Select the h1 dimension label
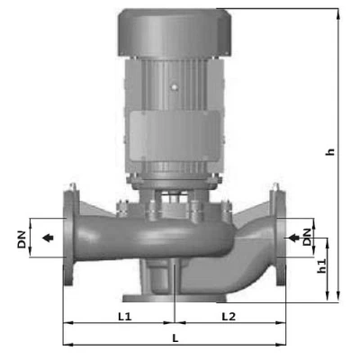(x=322, y=266)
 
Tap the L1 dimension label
(x=125, y=318)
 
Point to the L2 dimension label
(x=227, y=318)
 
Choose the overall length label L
(x=175, y=336)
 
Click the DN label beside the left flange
(x=21, y=239)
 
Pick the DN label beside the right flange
(x=308, y=238)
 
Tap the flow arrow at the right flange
(x=292, y=238)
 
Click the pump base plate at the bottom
(x=171, y=297)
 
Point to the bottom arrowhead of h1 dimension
(x=326, y=299)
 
